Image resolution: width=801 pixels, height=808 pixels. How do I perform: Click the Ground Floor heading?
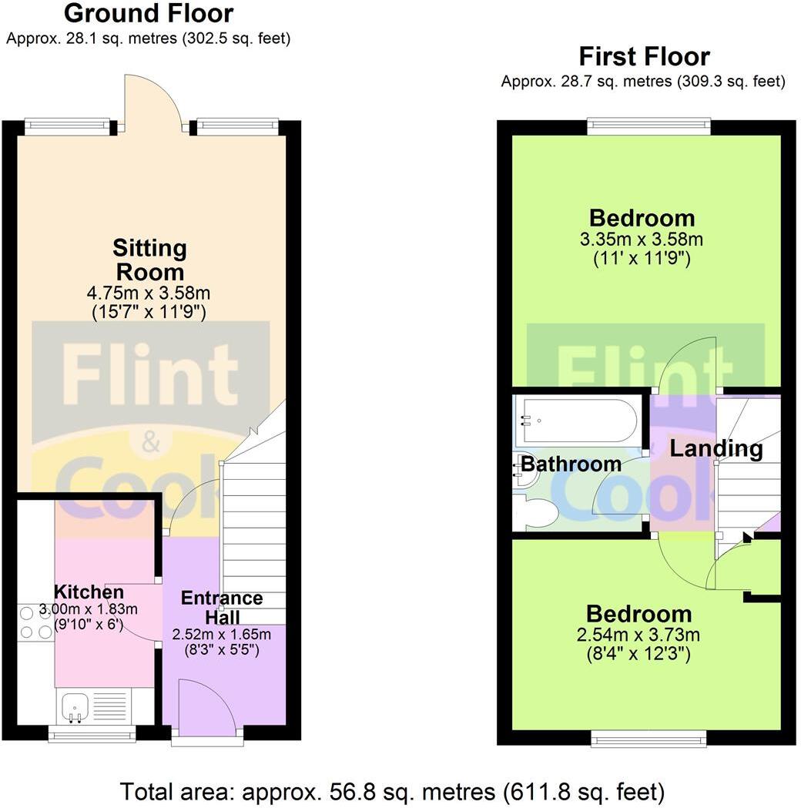[x=149, y=14]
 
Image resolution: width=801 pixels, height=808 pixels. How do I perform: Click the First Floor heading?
[x=644, y=57]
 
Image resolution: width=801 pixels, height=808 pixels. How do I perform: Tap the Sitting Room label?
[x=150, y=260]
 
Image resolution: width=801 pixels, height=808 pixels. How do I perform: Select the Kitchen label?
[x=89, y=592]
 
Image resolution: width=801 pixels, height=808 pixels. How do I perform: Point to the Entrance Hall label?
[x=222, y=608]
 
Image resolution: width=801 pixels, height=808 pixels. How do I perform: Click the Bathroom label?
[x=571, y=464]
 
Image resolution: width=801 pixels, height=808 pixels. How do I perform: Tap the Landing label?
[x=716, y=448]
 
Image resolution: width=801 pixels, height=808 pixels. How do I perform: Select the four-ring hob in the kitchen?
[x=35, y=622]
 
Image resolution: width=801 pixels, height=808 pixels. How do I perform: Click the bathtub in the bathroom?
[x=578, y=421]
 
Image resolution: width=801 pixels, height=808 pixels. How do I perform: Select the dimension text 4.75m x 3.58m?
[x=151, y=293]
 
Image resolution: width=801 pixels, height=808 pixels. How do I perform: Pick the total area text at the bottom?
[x=391, y=791]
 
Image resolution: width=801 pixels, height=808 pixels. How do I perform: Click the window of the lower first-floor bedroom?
[x=649, y=739]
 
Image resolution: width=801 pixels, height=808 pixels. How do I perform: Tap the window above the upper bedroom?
[x=648, y=126]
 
